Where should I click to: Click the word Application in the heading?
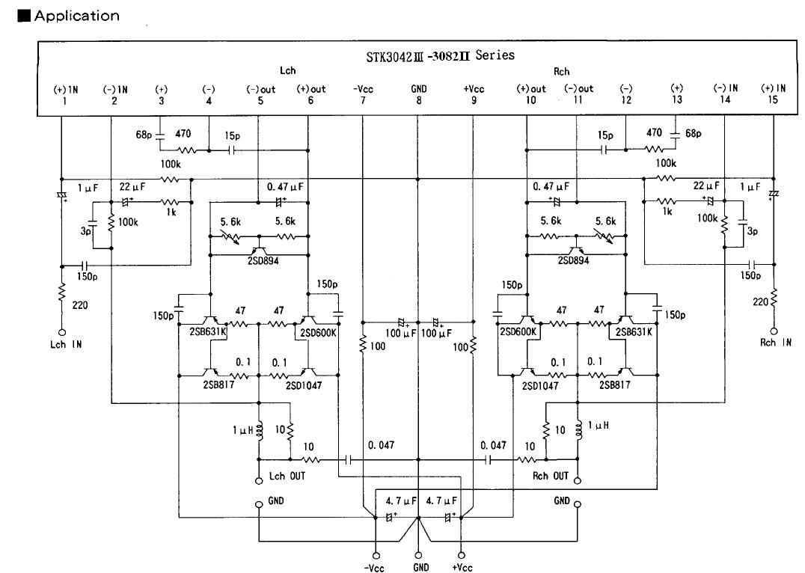coord(76,16)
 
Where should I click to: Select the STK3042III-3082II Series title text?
coord(440,55)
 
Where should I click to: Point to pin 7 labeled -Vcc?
coord(362,94)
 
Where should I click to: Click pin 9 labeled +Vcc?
coord(474,94)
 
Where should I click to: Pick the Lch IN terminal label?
coord(66,345)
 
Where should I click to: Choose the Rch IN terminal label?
coord(775,343)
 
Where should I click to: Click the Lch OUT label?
coord(287,476)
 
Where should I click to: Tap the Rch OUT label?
coord(551,476)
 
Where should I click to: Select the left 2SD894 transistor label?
coord(263,261)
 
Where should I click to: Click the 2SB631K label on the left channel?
coord(208,331)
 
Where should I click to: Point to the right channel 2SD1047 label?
coord(540,385)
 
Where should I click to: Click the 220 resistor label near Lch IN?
coord(79,305)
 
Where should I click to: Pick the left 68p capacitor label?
coord(144,135)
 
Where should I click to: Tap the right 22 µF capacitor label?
coord(706,186)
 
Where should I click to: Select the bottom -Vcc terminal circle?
coord(376,556)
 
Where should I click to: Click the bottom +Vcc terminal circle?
coord(462,556)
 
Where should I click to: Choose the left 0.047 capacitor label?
coord(381,445)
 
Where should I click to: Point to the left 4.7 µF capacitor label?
coord(402,500)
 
